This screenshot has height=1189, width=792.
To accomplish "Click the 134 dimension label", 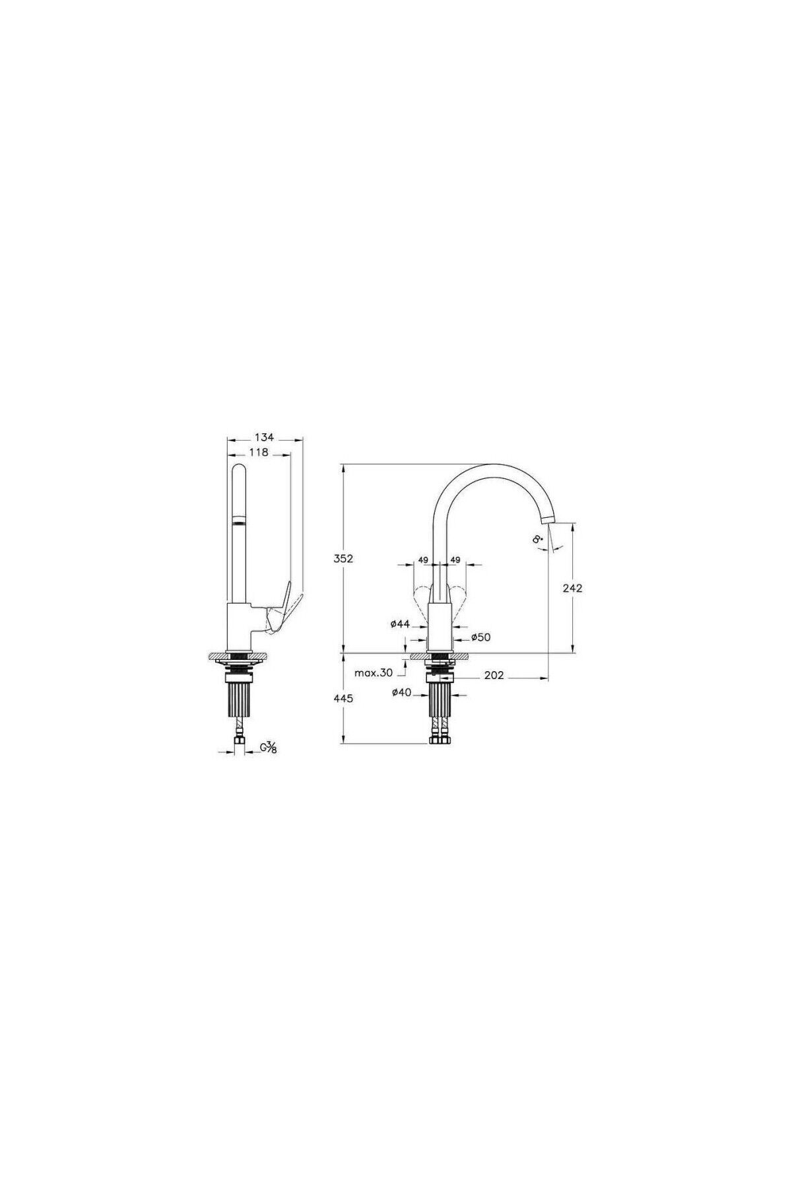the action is point(264,437).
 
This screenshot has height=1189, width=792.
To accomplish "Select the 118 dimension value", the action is point(259,452).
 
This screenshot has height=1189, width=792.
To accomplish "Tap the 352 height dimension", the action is point(344,558).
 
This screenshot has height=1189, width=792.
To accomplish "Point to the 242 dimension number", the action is point(572,588).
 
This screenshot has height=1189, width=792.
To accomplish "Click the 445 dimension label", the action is point(344,698).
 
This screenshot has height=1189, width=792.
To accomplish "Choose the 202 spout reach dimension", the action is point(494,675).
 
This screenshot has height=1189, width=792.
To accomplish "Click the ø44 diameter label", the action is point(401,623).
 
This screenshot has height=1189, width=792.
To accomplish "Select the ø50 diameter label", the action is point(481,637).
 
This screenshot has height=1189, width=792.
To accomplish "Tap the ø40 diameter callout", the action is point(401,692).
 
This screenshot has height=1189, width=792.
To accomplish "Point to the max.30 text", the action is point(373,673).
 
